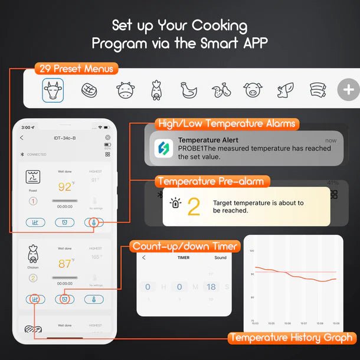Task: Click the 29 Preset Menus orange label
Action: pyautogui.click(x=76, y=68)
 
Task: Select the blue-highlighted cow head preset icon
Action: pyautogui.click(x=52, y=90)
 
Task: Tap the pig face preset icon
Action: pyautogui.click(x=253, y=90)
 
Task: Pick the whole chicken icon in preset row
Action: pyautogui.click(x=188, y=90)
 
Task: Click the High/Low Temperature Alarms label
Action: pyautogui.click(x=227, y=124)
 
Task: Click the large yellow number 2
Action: pyautogui.click(x=194, y=207)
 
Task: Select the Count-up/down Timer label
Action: pyautogui.click(x=185, y=246)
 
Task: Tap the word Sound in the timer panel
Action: pyautogui.click(x=220, y=258)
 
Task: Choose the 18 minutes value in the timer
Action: pyautogui.click(x=211, y=287)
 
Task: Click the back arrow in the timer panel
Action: pyautogui.click(x=144, y=258)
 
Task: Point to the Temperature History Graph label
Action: pyautogui.click(x=292, y=338)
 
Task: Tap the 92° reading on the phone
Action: pyautogui.click(x=65, y=187)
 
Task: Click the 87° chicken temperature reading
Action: pyautogui.click(x=65, y=263)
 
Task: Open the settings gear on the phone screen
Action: pyautogui.click(x=107, y=138)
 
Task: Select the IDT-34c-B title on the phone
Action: pyautogui.click(x=64, y=138)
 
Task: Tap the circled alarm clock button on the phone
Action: pyautogui.click(x=64, y=299)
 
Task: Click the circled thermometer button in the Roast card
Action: pyautogui.click(x=94, y=222)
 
